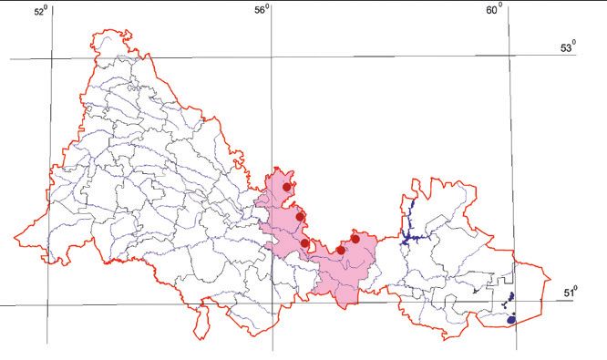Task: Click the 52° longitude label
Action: click(x=40, y=12)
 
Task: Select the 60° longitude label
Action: click(x=496, y=10)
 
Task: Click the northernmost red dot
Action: click(x=287, y=187)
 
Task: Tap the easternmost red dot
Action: click(x=355, y=239)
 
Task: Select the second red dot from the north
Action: click(x=300, y=217)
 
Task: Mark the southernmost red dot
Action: click(x=341, y=250)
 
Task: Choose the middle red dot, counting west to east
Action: click(x=305, y=243)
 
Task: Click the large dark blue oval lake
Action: click(x=512, y=319)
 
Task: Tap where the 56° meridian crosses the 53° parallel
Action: click(x=271, y=57)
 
